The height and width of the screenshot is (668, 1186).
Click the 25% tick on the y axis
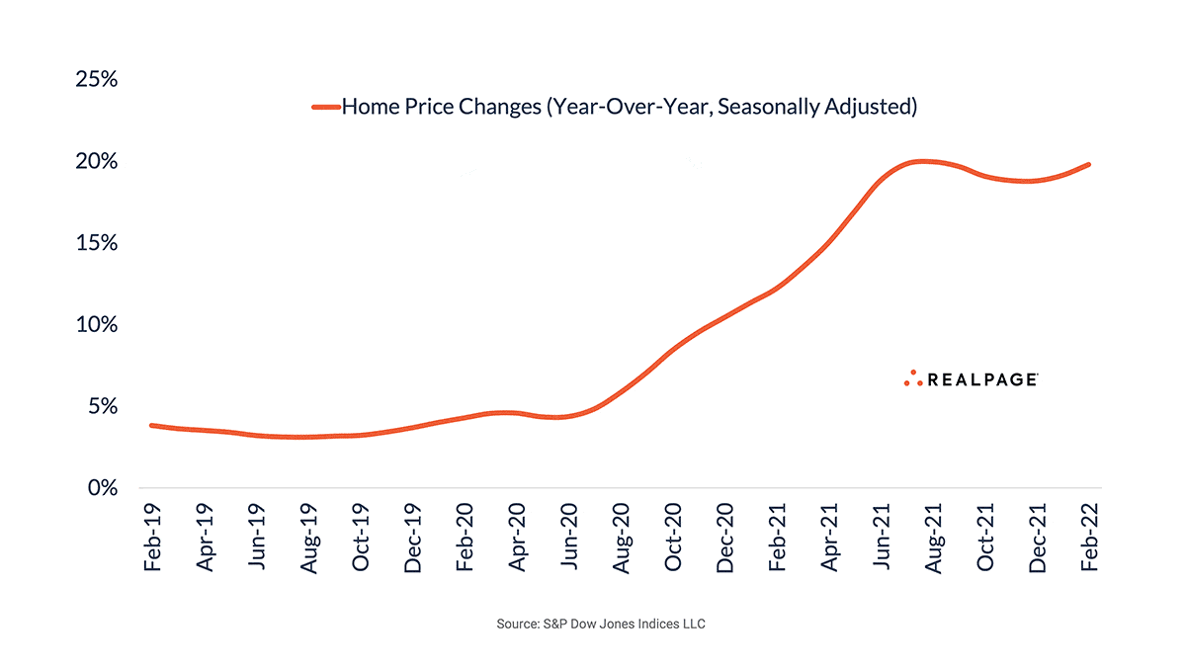[x=96, y=79]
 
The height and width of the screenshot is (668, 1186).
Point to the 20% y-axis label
[x=96, y=161]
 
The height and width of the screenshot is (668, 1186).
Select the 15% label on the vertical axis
[x=96, y=243]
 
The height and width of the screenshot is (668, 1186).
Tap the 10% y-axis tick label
[x=96, y=325]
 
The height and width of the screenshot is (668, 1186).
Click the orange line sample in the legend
[x=325, y=107]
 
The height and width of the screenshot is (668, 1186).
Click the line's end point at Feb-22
[x=1089, y=164]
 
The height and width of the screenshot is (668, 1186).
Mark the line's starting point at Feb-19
[x=151, y=425]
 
